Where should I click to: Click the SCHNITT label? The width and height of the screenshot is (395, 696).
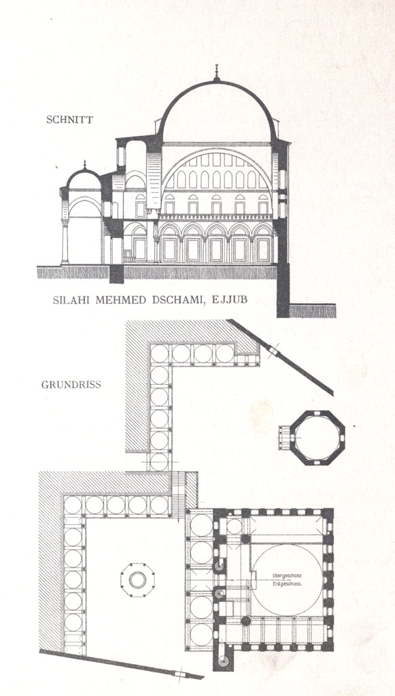point(69,120)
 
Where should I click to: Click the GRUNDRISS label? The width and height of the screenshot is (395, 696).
point(71,385)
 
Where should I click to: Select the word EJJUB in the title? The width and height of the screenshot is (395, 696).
point(230,300)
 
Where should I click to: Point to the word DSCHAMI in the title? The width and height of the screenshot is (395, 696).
point(177,300)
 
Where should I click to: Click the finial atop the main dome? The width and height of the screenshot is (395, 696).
point(217,72)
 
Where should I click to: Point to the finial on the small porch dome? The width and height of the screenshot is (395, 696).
point(84,164)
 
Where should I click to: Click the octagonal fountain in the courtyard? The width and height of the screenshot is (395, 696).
point(137,580)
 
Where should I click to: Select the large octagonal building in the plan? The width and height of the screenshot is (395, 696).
point(317,438)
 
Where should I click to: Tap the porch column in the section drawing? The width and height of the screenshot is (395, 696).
point(65,242)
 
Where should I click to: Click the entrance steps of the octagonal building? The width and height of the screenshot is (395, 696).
point(284,438)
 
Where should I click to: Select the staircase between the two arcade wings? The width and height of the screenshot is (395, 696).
point(177,495)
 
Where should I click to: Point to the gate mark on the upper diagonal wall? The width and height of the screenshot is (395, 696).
point(274,352)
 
